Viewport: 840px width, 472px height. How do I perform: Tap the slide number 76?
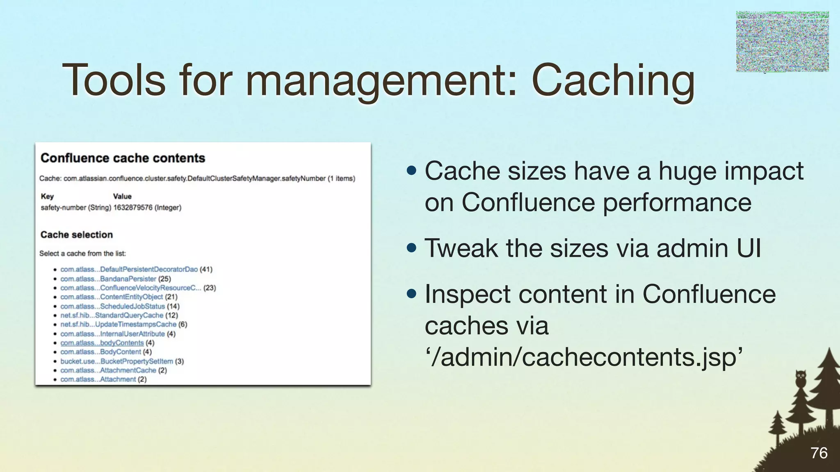[819, 453]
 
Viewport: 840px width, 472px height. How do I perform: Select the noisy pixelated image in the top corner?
[782, 41]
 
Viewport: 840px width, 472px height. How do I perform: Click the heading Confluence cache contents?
[123, 158]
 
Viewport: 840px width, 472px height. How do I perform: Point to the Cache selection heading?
[76, 235]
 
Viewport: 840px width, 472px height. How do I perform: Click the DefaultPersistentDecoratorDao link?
[129, 270]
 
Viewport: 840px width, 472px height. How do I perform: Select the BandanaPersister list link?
[108, 279]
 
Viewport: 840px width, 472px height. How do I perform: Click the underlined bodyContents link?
[102, 343]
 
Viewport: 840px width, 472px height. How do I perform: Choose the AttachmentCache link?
[108, 370]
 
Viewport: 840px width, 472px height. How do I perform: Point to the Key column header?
[47, 196]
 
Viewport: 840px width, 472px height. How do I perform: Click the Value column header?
[122, 196]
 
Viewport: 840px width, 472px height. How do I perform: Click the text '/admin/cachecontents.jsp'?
[584, 357]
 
